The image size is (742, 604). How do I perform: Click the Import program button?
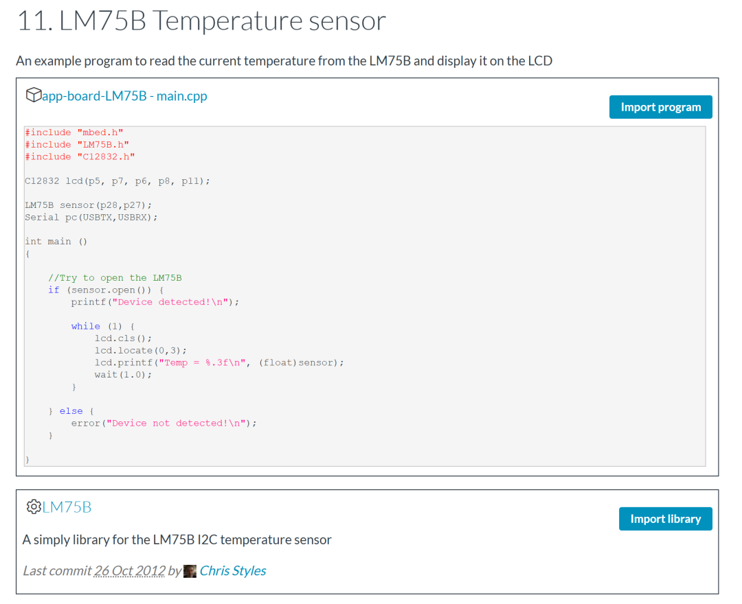tap(660, 107)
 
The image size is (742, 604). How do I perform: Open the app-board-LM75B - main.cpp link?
tap(124, 95)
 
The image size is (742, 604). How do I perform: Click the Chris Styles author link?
tap(232, 570)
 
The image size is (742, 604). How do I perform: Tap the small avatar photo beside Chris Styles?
tap(190, 571)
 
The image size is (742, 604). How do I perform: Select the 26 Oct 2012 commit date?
tap(130, 570)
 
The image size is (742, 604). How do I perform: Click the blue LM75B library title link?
tap(67, 507)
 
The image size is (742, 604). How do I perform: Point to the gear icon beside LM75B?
tap(33, 507)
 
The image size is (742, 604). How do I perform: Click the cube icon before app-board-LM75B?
tap(32, 95)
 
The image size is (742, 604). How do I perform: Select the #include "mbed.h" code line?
tap(74, 132)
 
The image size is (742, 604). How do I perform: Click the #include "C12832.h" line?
tap(80, 156)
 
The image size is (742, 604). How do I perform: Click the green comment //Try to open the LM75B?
tap(115, 278)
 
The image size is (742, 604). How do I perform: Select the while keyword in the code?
tap(85, 326)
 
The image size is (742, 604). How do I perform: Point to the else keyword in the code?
tap(71, 411)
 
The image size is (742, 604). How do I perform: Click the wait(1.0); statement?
tap(123, 375)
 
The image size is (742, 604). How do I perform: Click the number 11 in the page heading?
tap(32, 21)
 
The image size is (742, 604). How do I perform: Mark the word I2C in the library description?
tap(207, 539)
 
